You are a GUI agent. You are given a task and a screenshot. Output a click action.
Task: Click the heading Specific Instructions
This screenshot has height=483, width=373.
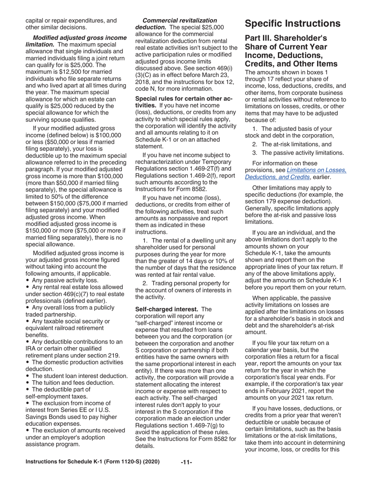[293, 24]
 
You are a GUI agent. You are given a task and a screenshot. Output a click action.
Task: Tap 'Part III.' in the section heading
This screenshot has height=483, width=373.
[260, 39]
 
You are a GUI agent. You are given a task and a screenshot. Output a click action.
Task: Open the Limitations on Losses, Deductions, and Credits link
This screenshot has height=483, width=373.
[296, 173]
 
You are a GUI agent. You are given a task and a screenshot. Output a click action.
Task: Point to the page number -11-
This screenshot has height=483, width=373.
[186, 462]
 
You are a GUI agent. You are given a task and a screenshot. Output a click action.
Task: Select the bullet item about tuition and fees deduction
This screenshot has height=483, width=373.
[73, 382]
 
